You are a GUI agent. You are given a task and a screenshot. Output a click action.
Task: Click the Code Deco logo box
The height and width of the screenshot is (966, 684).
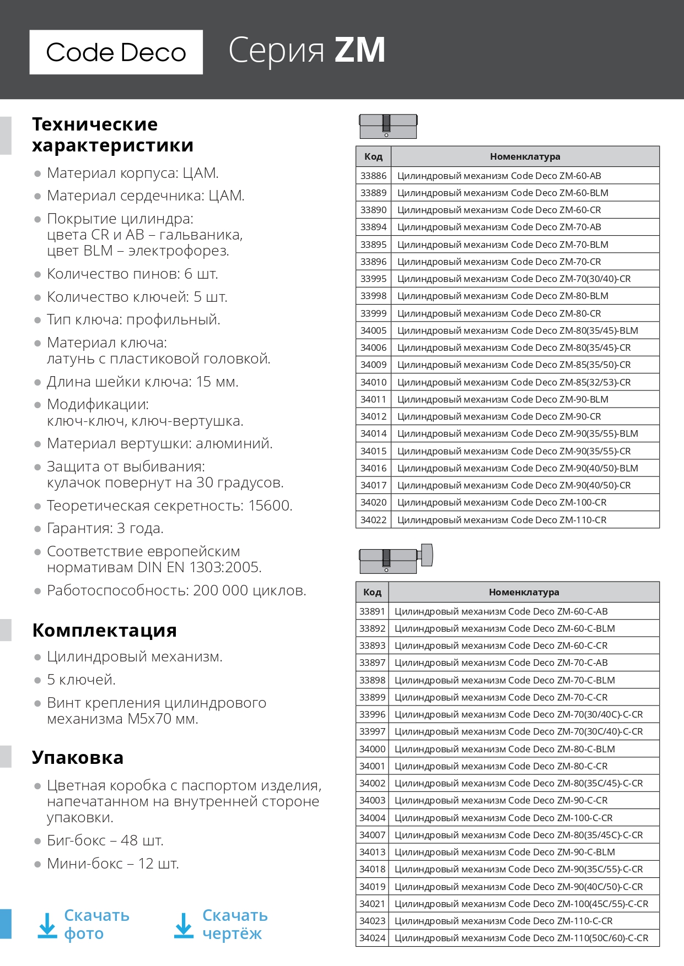pyautogui.click(x=116, y=52)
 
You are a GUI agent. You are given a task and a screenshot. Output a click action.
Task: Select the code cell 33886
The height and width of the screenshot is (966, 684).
pyautogui.click(x=373, y=176)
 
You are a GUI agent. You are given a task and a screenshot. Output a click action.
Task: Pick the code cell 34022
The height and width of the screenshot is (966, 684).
pyautogui.click(x=373, y=520)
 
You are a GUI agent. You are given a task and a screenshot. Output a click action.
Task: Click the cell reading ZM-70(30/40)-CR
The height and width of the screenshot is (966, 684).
pyautogui.click(x=514, y=279)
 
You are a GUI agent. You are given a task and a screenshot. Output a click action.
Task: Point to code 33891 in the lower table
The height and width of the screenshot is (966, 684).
pyautogui.click(x=372, y=611)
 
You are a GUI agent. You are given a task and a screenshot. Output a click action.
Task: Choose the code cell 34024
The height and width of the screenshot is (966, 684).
pyautogui.click(x=372, y=938)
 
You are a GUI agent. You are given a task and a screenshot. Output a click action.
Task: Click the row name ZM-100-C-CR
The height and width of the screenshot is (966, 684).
pyautogui.click(x=503, y=818)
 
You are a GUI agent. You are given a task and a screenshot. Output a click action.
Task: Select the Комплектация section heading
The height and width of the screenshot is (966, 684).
pyautogui.click(x=104, y=630)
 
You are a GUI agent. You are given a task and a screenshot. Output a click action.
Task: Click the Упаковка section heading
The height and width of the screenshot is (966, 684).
pyautogui.click(x=78, y=757)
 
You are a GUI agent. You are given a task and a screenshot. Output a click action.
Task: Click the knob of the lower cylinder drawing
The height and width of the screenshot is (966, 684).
pyautogui.click(x=426, y=555)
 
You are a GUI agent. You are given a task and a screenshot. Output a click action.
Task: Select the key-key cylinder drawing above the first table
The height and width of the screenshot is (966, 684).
pyautogui.click(x=388, y=127)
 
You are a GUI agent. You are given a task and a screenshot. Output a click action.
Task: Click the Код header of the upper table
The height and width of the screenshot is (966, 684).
pyautogui.click(x=373, y=156)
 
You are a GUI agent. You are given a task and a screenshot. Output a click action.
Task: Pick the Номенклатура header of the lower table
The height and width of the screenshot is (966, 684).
pyautogui.click(x=524, y=592)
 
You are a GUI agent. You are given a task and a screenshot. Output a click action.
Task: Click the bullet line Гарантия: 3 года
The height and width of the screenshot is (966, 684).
pyautogui.click(x=105, y=528)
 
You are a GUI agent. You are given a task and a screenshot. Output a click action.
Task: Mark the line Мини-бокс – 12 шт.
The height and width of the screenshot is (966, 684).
pyautogui.click(x=113, y=864)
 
